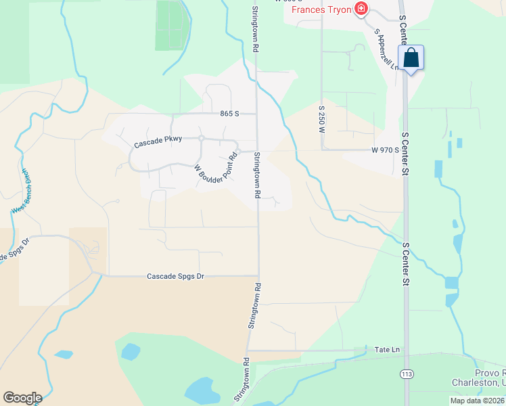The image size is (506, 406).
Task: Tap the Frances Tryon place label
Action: pos(321,9)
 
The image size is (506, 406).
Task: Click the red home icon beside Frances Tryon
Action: pos(362,9)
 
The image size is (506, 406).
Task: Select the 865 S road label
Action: pos(230,114)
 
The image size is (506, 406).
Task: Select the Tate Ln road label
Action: pos(387,350)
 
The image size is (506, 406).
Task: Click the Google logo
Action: pos(22,397)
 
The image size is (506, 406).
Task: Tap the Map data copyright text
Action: pos(477,400)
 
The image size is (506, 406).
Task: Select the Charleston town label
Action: pos(478,382)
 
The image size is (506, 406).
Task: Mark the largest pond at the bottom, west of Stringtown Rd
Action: pos(200,391)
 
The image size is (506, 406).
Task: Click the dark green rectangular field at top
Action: pos(171,24)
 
